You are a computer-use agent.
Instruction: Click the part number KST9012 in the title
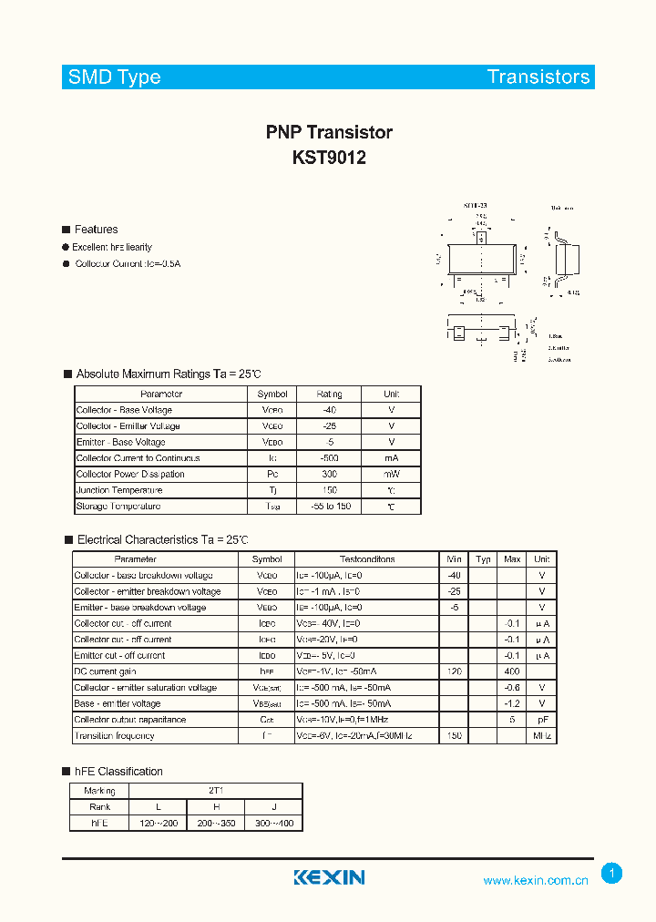pyautogui.click(x=329, y=157)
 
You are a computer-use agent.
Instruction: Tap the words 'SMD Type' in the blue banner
pyautogui.click(x=115, y=77)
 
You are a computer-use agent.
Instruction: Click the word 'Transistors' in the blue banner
pyautogui.click(x=538, y=77)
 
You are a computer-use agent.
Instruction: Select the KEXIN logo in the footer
pyautogui.click(x=329, y=877)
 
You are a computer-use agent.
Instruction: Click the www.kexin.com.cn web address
pyautogui.click(x=536, y=880)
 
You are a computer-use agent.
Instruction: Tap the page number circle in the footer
pyautogui.click(x=612, y=874)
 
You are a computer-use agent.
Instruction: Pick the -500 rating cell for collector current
pyautogui.click(x=329, y=458)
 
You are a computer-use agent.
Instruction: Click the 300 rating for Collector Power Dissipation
pyautogui.click(x=329, y=474)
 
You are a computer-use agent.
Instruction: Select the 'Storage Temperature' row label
pyautogui.click(x=118, y=506)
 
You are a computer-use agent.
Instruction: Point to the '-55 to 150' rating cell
pyautogui.click(x=329, y=506)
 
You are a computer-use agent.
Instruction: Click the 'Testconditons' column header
pyautogui.click(x=367, y=559)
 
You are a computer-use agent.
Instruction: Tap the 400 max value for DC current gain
pyautogui.click(x=512, y=671)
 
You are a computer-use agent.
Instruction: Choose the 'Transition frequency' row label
pyautogui.click(x=115, y=735)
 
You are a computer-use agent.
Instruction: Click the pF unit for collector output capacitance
pyautogui.click(x=542, y=720)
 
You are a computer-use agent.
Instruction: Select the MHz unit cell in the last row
pyautogui.click(x=542, y=735)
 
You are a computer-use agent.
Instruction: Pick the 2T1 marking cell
pyautogui.click(x=215, y=791)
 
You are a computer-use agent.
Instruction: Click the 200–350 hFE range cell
pyautogui.click(x=215, y=823)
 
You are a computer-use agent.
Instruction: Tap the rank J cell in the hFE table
pyautogui.click(x=273, y=807)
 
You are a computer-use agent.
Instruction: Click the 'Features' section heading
pyautogui.click(x=96, y=230)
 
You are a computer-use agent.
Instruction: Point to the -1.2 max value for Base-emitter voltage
pyautogui.click(x=512, y=703)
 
